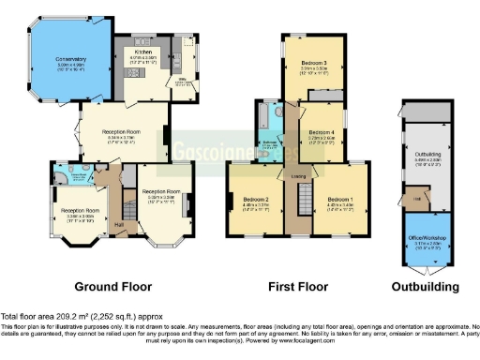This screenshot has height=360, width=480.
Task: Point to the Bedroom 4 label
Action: point(322,132)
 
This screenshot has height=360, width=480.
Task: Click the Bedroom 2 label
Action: point(256,200)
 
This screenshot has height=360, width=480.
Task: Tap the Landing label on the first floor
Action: point(299,174)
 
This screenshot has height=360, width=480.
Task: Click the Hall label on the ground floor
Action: point(119,225)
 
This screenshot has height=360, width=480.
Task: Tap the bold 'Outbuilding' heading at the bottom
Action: point(427,286)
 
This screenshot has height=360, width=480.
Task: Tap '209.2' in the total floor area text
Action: point(66,317)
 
